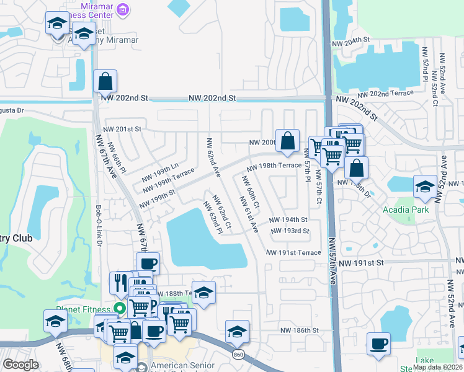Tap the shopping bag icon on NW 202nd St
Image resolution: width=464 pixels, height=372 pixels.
tap(105, 81)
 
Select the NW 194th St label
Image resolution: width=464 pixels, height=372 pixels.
tap(288, 220)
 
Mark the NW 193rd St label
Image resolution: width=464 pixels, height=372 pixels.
tap(290, 231)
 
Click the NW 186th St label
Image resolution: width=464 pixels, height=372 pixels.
tap(299, 332)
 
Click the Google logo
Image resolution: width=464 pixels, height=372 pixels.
tap(20, 365)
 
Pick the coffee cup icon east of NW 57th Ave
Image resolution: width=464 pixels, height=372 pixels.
tap(378, 344)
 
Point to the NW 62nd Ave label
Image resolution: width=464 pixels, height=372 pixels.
tap(213, 157)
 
